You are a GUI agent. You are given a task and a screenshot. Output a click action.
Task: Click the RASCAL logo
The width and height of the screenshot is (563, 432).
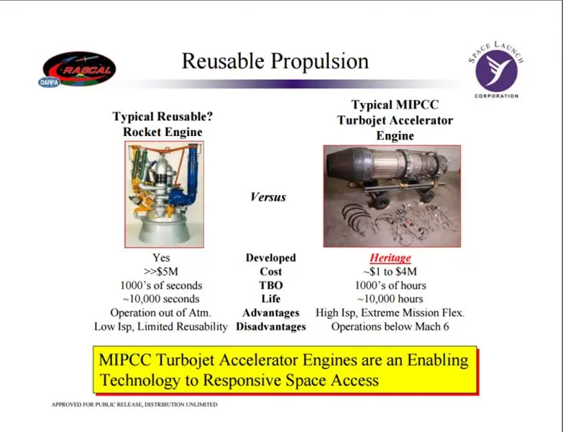click(79, 68)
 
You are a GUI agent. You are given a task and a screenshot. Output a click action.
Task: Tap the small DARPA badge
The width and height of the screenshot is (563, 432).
click(49, 83)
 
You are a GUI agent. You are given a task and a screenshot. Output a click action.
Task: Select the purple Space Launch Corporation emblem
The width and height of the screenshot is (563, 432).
click(497, 71)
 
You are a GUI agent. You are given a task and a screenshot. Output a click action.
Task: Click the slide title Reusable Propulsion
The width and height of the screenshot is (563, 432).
click(275, 60)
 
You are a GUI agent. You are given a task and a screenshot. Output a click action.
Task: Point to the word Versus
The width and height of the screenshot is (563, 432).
click(268, 197)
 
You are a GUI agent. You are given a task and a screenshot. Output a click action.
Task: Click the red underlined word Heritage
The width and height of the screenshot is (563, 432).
click(390, 258)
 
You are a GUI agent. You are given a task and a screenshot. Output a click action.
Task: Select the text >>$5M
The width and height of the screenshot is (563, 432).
click(161, 271)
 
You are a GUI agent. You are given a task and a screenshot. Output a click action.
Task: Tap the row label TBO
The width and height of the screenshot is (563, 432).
click(271, 285)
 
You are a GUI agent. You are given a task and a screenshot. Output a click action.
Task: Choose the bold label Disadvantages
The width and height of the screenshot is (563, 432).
click(271, 327)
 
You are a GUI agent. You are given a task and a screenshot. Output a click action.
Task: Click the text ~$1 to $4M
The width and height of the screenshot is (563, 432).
click(390, 271)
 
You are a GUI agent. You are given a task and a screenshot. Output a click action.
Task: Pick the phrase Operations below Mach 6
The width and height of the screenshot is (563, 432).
click(390, 327)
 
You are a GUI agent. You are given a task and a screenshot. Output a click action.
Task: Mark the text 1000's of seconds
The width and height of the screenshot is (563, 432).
click(161, 285)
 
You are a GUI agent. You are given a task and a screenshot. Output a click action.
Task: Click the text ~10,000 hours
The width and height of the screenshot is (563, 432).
click(390, 299)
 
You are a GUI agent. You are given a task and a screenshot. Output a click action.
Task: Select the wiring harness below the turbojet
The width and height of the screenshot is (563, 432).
click(395, 220)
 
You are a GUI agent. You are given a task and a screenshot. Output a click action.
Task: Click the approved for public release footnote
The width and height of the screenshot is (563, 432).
click(134, 405)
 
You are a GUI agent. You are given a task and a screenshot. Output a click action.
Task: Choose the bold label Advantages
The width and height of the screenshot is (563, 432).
click(271, 313)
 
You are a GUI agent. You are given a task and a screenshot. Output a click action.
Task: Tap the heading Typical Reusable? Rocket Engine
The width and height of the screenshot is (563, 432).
click(163, 124)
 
